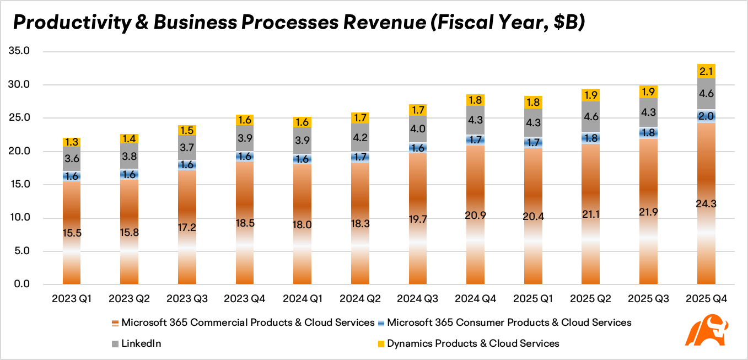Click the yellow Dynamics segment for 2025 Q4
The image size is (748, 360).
point(706,71)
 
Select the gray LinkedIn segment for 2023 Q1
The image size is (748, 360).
point(72,159)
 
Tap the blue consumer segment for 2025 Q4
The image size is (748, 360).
point(706,116)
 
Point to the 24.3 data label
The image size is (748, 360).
point(706,204)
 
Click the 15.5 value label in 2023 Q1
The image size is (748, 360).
point(72,233)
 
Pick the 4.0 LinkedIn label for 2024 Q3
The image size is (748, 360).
point(418,129)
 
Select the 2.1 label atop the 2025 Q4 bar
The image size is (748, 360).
point(706,72)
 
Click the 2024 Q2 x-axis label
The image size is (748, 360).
point(360,299)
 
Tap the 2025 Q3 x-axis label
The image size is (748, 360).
point(648,299)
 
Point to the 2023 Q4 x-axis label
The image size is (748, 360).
point(244,299)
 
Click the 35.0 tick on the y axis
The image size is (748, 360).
point(19,51)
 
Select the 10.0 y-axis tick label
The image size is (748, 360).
point(20,217)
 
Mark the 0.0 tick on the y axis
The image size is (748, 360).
point(22,284)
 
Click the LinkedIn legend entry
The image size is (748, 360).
point(137,343)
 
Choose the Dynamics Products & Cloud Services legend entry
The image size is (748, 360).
point(469,343)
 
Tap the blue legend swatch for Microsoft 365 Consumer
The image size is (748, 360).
point(381,323)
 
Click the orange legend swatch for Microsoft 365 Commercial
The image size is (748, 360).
point(115,323)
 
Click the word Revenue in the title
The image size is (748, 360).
point(385,23)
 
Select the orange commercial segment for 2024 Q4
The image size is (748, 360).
point(475,214)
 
